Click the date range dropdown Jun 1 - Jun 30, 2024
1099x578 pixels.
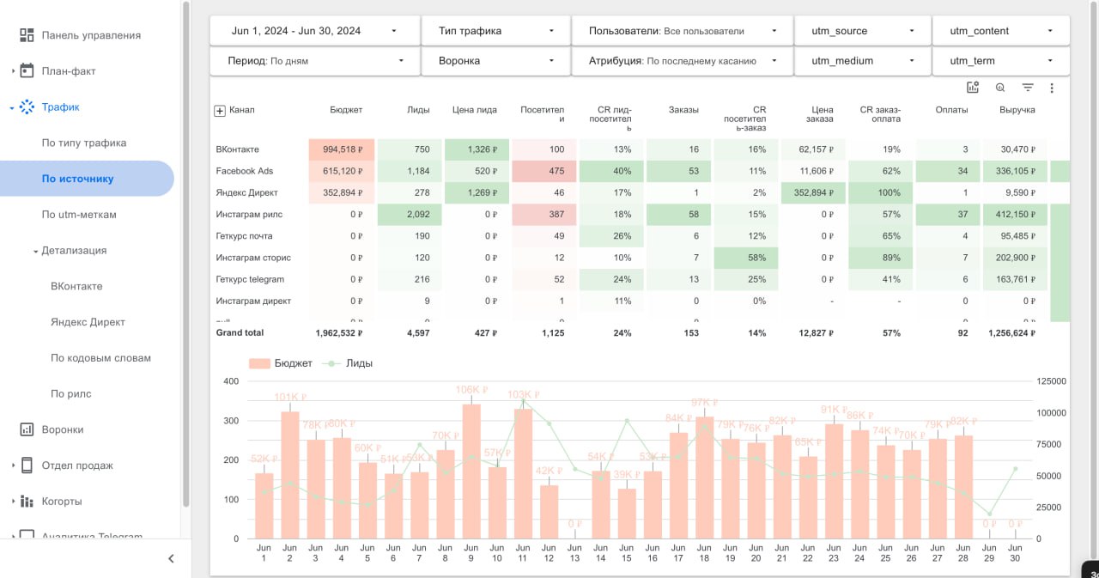(314, 31)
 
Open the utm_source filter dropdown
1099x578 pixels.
(862, 31)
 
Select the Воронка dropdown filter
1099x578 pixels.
(496, 61)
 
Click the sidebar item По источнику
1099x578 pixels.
(78, 179)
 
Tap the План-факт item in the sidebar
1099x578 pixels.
(69, 71)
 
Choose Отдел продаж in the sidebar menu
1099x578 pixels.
(77, 465)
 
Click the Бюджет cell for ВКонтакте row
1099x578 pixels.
(342, 149)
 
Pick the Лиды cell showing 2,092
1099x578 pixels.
(410, 214)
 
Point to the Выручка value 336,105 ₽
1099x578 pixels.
(1015, 171)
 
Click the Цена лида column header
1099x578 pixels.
(474, 110)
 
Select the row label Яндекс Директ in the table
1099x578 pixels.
(246, 192)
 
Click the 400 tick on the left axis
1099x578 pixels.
(231, 381)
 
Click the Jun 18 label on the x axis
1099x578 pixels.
(704, 553)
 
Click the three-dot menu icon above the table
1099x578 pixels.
(1052, 88)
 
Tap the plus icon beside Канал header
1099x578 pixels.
(219, 111)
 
